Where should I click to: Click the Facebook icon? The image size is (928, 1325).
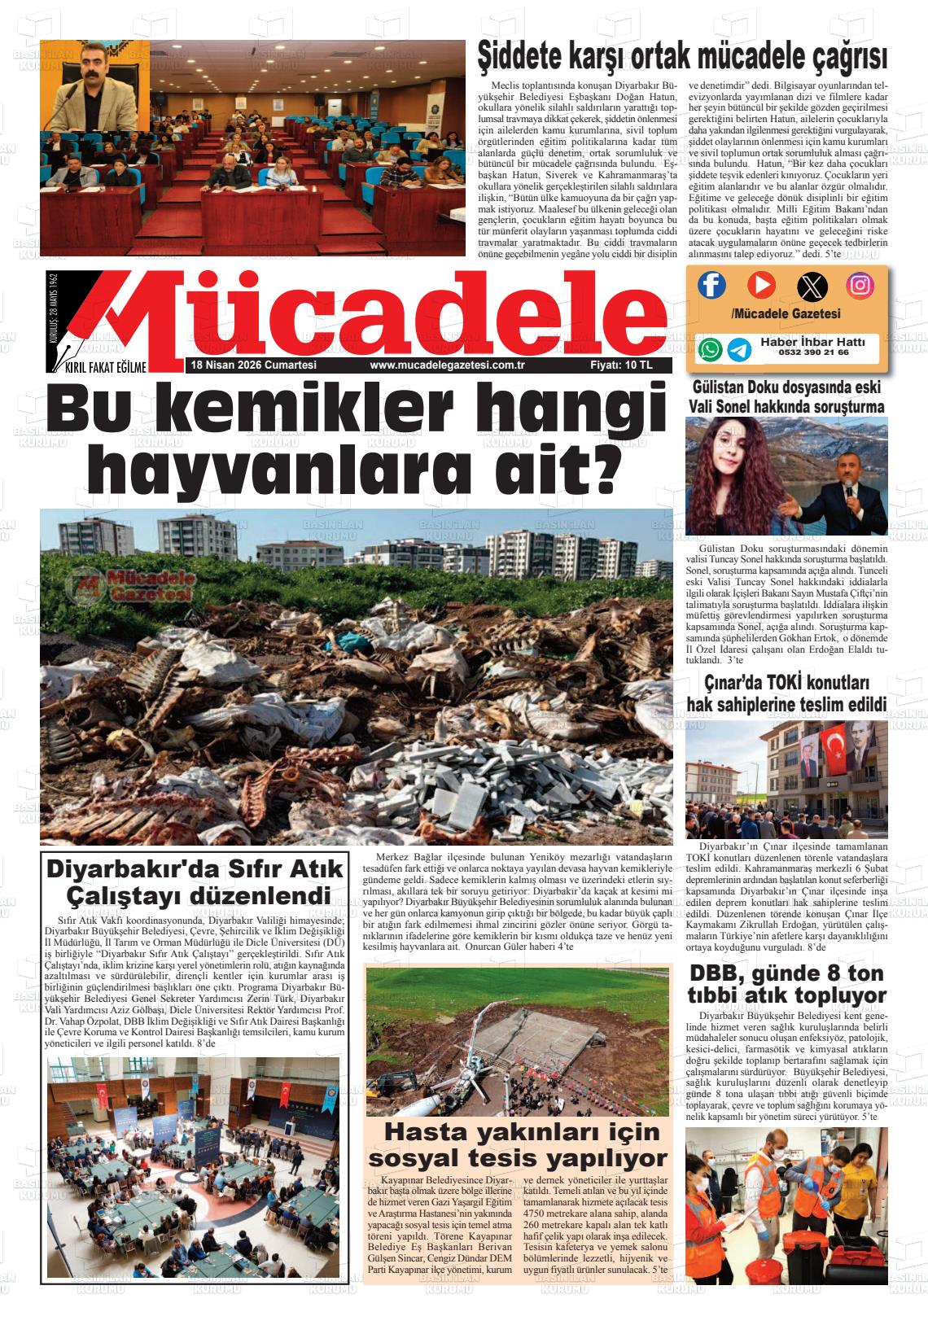pos(711,284)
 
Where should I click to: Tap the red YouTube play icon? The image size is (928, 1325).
pos(761,284)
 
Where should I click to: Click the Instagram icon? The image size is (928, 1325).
pos(860,284)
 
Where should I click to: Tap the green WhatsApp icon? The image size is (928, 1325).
pos(711,349)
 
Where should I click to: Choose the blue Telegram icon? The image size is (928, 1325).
pos(739,349)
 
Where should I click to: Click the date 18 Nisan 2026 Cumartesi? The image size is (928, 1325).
pos(253,365)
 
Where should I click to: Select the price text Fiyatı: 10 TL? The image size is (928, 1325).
pos(621,365)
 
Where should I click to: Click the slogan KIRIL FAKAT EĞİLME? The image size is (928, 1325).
pos(106,367)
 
